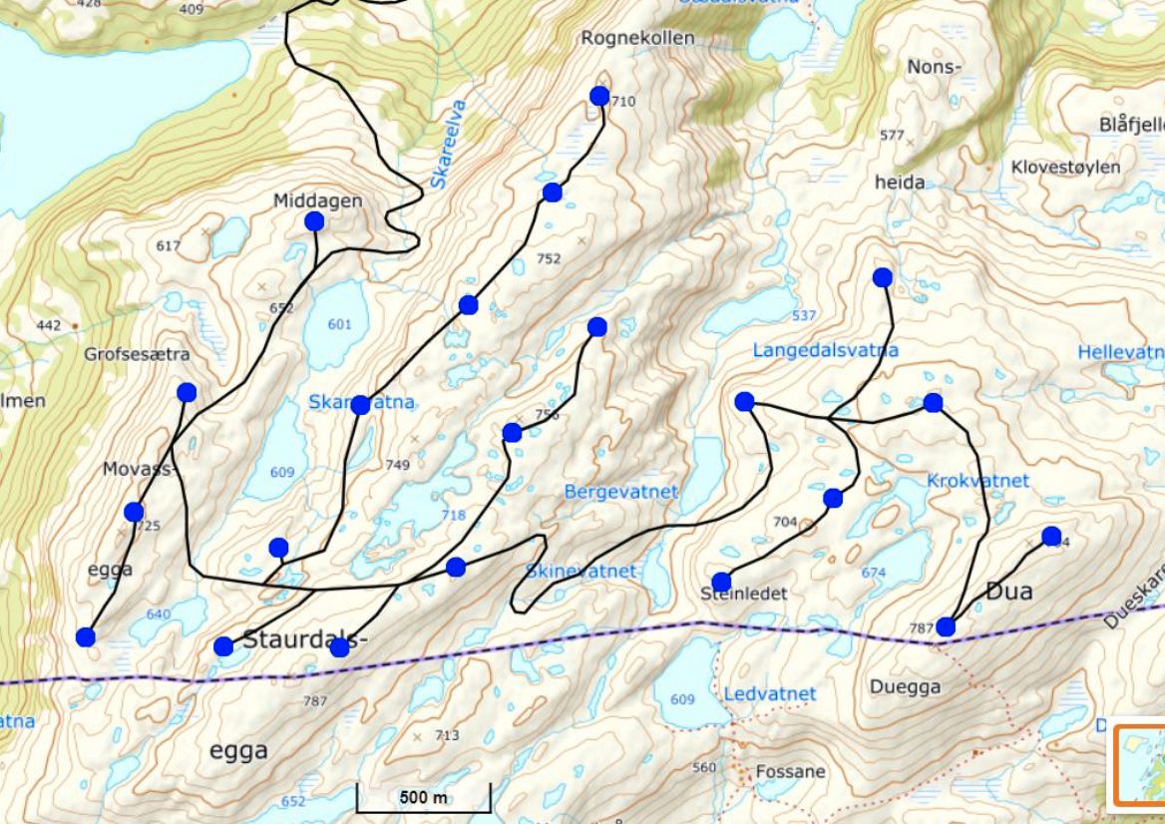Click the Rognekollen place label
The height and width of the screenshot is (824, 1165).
(x=637, y=38)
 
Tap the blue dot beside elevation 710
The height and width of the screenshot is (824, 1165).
(x=599, y=96)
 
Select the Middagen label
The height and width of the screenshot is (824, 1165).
(x=317, y=201)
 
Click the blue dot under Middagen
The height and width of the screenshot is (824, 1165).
(x=314, y=221)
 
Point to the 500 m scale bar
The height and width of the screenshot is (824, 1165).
(x=424, y=798)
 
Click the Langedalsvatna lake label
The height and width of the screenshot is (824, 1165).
(x=825, y=350)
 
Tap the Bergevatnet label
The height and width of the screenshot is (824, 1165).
(x=620, y=492)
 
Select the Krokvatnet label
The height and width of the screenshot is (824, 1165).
(x=977, y=481)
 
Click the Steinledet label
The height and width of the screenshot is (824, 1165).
(x=743, y=594)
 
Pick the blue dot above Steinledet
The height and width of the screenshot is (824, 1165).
(x=721, y=583)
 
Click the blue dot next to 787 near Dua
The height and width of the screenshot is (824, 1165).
(x=946, y=627)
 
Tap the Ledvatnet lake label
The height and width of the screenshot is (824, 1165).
(x=770, y=693)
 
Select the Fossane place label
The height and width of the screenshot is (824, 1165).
(x=790, y=771)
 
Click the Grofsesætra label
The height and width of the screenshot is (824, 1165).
(x=137, y=354)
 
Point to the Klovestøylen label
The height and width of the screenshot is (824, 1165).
(x=1065, y=167)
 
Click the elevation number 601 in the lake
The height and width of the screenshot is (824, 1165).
(x=340, y=324)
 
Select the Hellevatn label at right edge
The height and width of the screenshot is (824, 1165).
(x=1120, y=352)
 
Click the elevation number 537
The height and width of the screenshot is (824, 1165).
(x=804, y=316)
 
